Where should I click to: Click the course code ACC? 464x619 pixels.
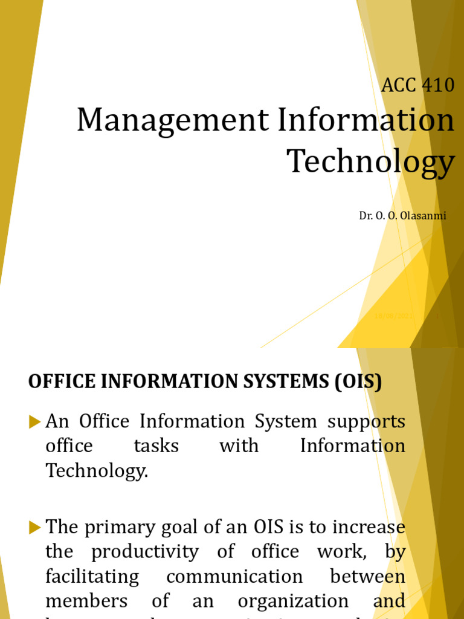399,85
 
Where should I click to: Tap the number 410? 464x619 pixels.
436,85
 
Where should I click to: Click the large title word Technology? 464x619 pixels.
370,161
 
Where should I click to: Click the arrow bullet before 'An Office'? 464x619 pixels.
34,422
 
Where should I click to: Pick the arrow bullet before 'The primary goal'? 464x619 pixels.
34,528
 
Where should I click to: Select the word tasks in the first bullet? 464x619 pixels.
156,446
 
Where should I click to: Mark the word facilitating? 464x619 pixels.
92,577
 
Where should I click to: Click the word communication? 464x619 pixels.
234,577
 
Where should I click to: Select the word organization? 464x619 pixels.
292,601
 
